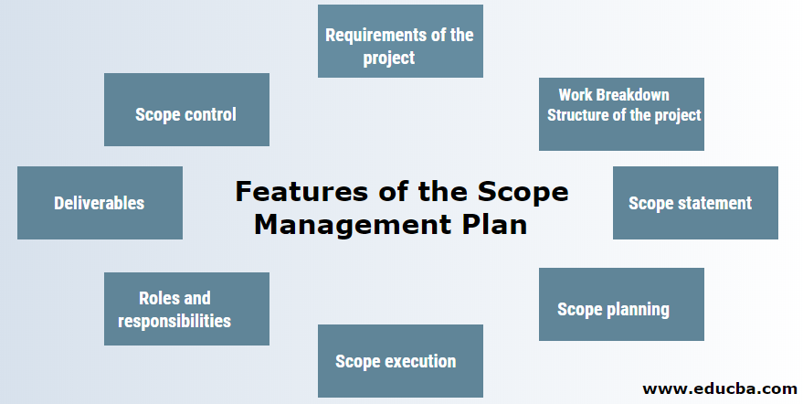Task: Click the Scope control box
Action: (x=186, y=110)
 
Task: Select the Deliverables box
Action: (x=100, y=202)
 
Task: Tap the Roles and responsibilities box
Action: (x=186, y=308)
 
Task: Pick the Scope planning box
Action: (x=621, y=304)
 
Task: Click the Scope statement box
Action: (x=695, y=203)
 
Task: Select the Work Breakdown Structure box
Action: (x=621, y=113)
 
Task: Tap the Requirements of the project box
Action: (x=400, y=41)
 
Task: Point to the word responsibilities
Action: (x=174, y=321)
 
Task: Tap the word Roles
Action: (x=159, y=298)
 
